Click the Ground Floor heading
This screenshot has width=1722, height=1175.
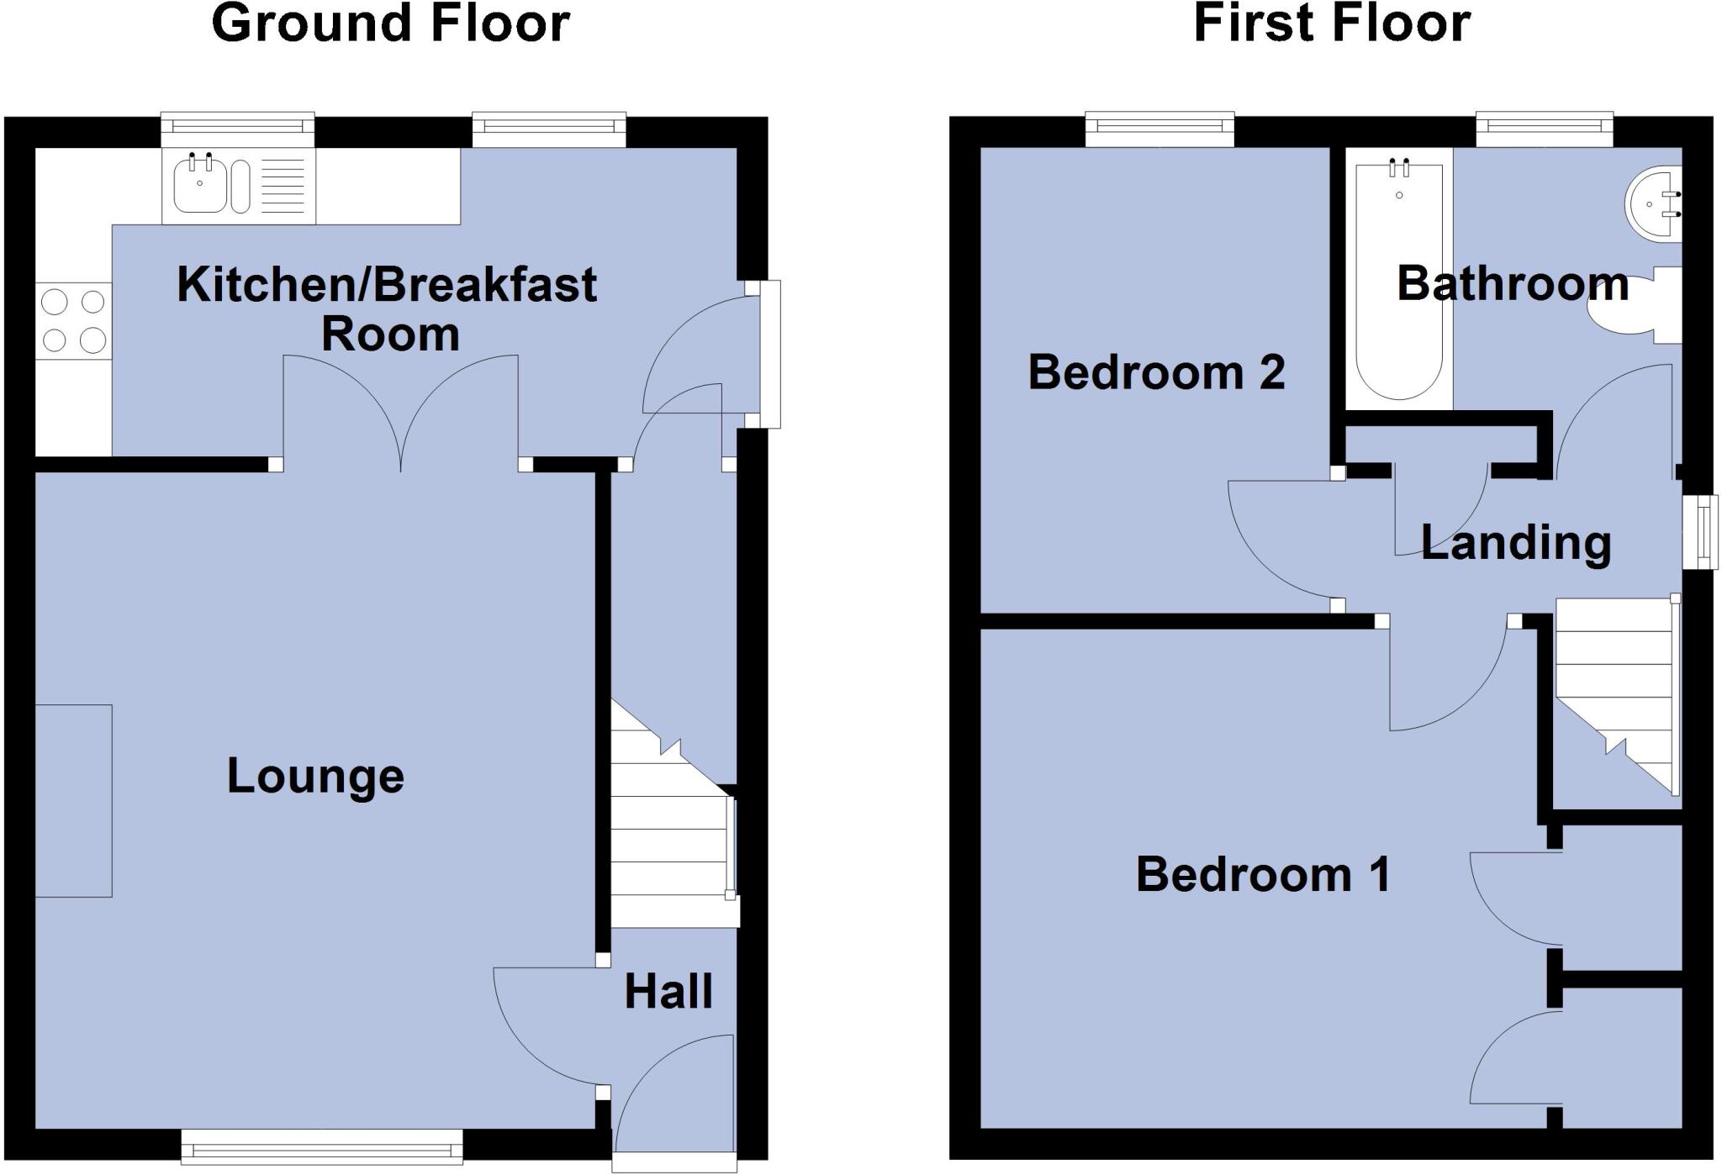pyautogui.click(x=390, y=24)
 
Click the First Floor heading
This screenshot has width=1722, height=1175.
pyautogui.click(x=1332, y=24)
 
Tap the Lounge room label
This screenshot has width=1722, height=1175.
pyautogui.click(x=315, y=776)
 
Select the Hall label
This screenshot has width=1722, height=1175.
pyautogui.click(x=668, y=992)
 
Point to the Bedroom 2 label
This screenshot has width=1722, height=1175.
pyautogui.click(x=1156, y=372)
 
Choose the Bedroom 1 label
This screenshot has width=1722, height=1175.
pyautogui.click(x=1263, y=875)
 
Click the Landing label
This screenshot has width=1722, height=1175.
pyautogui.click(x=1516, y=543)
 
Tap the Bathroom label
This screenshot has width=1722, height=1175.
pyautogui.click(x=1513, y=284)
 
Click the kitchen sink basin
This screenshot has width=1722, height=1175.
pyautogui.click(x=200, y=187)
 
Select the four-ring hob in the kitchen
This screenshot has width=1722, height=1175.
pyautogui.click(x=73, y=321)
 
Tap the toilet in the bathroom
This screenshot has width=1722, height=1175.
pyautogui.click(x=1635, y=306)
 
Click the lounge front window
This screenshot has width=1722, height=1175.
pyautogui.click(x=321, y=1146)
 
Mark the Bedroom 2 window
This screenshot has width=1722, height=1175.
pyautogui.click(x=1159, y=129)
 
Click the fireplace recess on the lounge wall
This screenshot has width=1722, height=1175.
pyautogui.click(x=74, y=800)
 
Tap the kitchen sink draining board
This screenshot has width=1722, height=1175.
pyautogui.click(x=283, y=187)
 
